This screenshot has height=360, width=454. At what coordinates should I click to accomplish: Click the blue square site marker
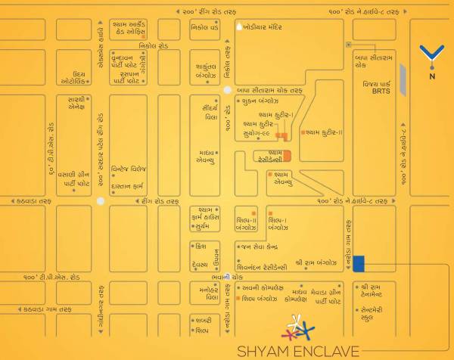click(x=359, y=263)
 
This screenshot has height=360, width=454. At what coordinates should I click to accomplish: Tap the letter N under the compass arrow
click(x=431, y=76)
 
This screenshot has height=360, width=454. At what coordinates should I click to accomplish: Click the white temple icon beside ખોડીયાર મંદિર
click(x=239, y=26)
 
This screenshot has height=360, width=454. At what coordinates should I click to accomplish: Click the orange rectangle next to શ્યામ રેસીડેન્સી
click(x=287, y=157)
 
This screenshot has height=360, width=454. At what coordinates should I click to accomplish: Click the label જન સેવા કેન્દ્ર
click(x=262, y=246)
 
